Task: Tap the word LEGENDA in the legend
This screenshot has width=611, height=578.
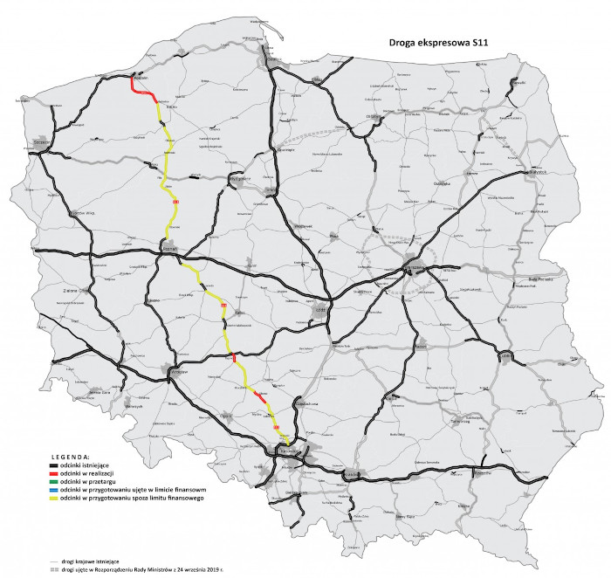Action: pos(70,457)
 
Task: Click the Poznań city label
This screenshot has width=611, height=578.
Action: pos(170,248)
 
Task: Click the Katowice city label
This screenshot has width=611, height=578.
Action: pos(288,449)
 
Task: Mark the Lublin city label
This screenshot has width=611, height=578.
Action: pos(506,355)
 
